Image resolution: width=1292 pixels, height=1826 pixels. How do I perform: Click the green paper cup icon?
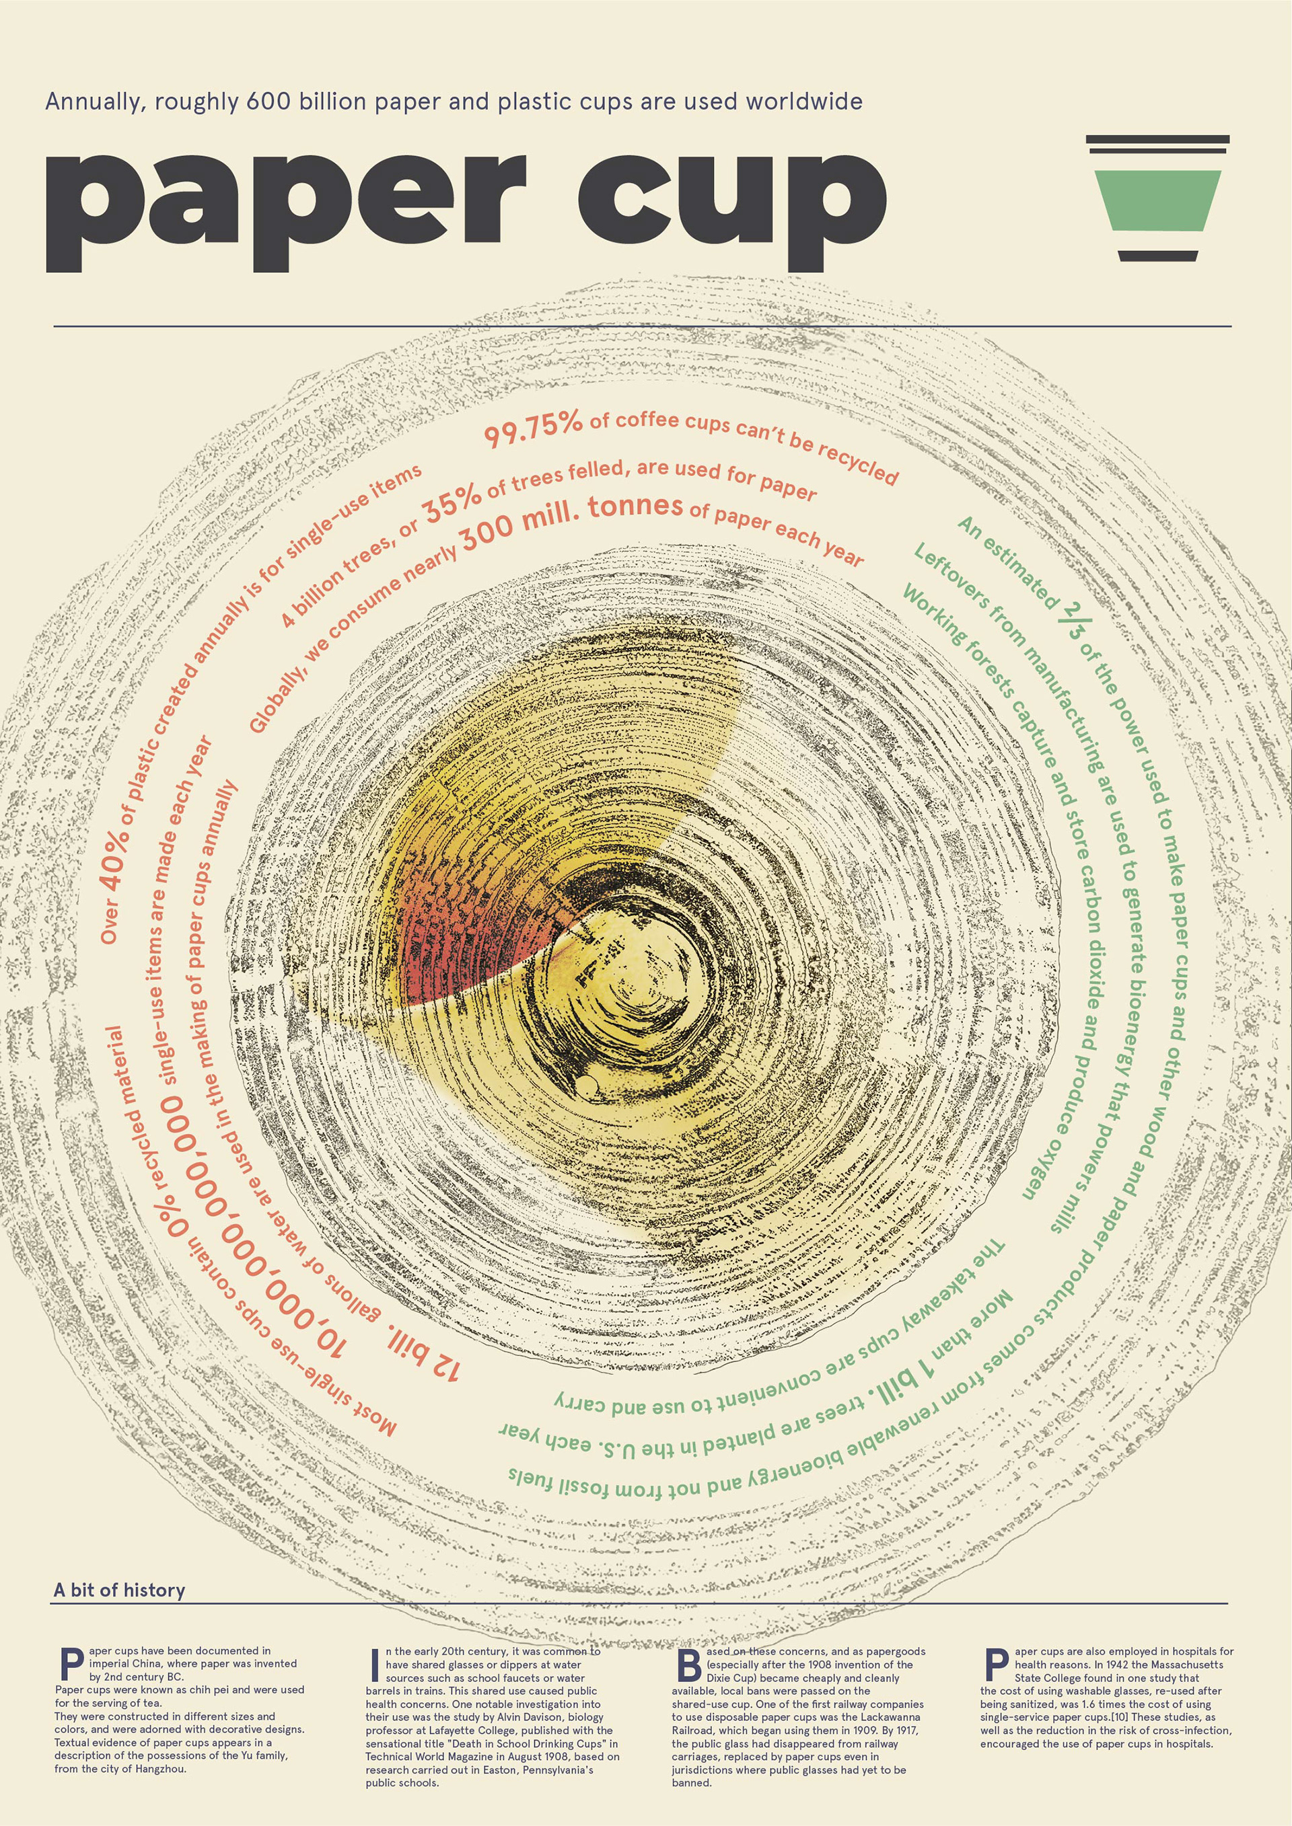click(x=1157, y=200)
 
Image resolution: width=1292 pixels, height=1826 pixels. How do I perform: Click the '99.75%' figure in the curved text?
click(x=533, y=430)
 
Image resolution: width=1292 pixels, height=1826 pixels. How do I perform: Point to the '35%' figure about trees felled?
click(x=452, y=504)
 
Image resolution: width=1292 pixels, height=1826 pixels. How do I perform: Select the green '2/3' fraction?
click(x=1072, y=620)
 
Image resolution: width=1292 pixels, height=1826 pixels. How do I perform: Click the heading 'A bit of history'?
click(x=119, y=1590)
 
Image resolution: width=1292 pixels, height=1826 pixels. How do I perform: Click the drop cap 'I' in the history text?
click(x=374, y=1665)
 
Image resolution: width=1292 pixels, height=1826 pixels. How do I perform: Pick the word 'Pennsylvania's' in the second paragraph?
click(x=557, y=1770)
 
